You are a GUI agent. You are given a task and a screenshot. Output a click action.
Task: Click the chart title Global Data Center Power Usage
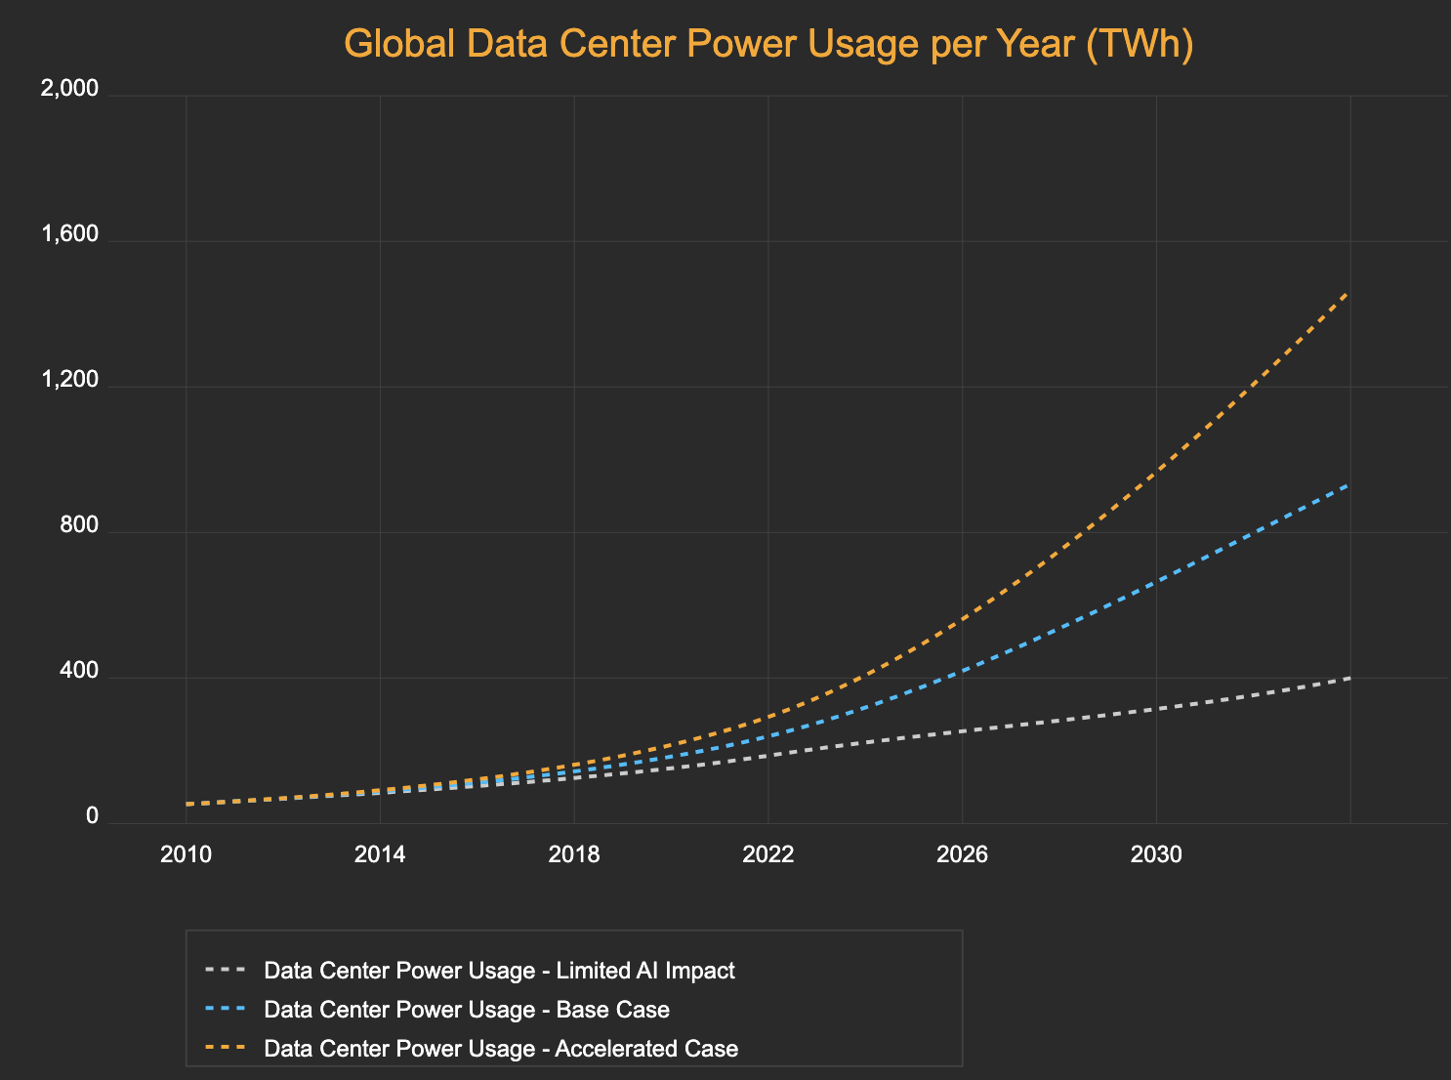[768, 45]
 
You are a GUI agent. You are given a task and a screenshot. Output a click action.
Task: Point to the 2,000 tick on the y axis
[69, 89]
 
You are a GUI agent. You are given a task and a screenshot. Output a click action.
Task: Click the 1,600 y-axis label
[69, 234]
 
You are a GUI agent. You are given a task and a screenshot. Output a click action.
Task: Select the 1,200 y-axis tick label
[69, 380]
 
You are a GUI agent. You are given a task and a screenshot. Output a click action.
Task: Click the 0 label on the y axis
[93, 816]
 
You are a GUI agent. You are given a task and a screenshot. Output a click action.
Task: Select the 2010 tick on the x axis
[186, 855]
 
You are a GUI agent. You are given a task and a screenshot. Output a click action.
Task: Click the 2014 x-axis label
[380, 855]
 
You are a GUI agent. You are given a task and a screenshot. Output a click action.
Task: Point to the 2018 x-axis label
[574, 855]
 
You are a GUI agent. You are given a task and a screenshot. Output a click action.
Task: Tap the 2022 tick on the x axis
[768, 855]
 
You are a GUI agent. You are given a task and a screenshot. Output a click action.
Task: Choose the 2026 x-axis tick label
[962, 855]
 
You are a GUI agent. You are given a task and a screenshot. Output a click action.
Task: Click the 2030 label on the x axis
[1156, 855]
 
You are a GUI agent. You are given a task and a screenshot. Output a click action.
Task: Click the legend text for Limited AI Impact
[499, 971]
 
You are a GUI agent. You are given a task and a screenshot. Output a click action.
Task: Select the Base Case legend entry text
[467, 1010]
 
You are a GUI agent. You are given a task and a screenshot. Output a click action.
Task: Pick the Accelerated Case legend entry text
[501, 1049]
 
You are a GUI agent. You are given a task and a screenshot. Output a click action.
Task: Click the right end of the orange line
[1349, 292]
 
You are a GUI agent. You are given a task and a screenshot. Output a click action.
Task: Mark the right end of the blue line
[1349, 483]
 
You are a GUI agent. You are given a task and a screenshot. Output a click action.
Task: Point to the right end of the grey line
[1349, 678]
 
